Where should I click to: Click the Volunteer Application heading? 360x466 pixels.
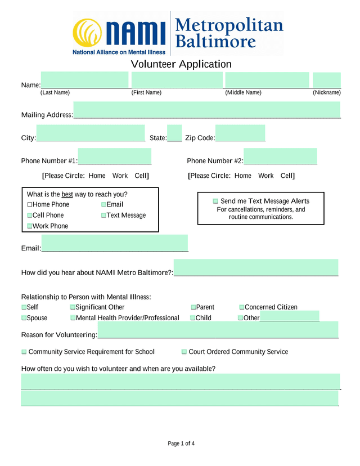point(181,64)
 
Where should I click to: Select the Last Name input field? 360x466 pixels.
point(84,80)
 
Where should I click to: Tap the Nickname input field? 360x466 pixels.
point(327,80)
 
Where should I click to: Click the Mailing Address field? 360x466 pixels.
point(206,110)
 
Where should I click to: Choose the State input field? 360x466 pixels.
point(174,133)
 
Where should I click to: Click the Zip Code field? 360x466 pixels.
point(240,133)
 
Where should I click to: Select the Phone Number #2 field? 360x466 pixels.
point(280,156)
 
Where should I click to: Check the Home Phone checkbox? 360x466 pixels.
point(30,205)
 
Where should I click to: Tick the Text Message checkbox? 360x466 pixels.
point(104,216)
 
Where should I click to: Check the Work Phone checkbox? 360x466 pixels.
point(30,226)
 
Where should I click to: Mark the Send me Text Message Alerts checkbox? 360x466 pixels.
point(215,201)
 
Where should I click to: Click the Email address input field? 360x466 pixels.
point(115,243)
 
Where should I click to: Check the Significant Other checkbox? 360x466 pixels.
point(73,307)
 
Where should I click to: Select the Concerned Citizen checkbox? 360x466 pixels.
point(242,307)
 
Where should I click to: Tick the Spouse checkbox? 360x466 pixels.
point(24,318)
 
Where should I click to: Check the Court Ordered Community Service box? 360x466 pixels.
point(184,352)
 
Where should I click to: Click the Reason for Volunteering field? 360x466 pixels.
point(218,330)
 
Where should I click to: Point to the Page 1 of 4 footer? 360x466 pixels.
point(181,444)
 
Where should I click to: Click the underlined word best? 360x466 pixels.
point(67,195)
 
